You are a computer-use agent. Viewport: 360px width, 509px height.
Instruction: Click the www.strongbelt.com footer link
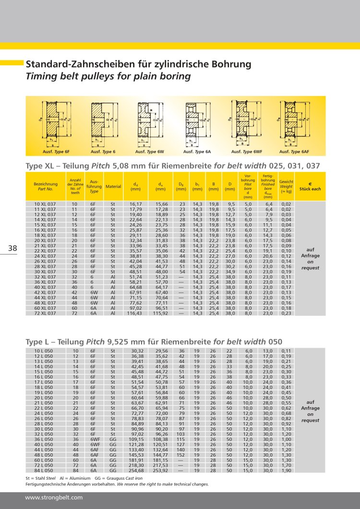tap(54, 497)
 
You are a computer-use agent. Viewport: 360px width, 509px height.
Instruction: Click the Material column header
tap(113, 186)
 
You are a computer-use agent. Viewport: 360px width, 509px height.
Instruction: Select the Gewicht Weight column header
tap(286, 186)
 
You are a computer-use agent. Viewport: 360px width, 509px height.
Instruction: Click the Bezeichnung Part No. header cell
tap(46, 186)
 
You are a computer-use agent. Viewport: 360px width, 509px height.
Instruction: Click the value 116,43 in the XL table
tap(135, 313)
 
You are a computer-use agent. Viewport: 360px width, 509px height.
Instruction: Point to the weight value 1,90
tap(286, 471)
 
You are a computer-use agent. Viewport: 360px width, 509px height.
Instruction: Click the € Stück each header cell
tap(310, 186)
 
